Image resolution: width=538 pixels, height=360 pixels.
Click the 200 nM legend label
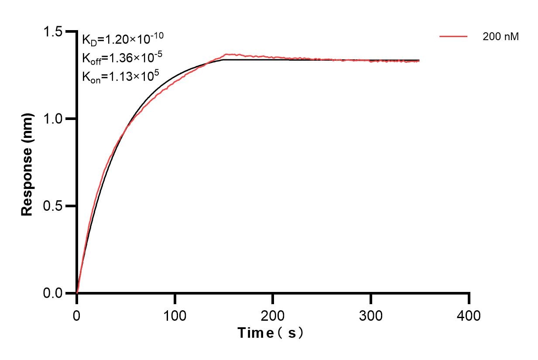point(500,37)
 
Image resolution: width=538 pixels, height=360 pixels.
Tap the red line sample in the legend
point(453,37)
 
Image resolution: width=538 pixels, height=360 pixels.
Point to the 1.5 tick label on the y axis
point(53,32)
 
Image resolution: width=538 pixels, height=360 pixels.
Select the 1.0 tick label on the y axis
point(53,119)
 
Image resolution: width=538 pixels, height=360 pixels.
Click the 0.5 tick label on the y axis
point(53,206)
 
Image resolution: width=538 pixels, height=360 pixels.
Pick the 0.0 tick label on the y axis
point(53,293)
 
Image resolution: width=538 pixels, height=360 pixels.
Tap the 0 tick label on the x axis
point(77,315)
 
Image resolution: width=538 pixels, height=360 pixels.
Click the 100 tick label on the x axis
point(175,315)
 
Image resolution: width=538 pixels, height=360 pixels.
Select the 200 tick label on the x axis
point(273,315)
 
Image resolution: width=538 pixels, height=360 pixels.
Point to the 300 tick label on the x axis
point(371,315)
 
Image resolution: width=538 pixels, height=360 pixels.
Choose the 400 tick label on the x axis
point(469,315)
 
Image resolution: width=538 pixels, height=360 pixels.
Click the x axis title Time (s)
point(271,333)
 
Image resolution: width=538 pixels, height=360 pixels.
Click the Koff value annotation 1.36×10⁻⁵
point(123,58)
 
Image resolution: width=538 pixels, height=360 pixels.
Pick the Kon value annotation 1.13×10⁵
point(120,76)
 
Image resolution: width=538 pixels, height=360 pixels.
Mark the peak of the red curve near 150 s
point(226,55)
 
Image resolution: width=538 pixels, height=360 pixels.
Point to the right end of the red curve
point(419,62)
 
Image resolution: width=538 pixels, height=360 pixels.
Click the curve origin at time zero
point(77,293)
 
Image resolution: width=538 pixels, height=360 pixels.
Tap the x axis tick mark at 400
point(469,298)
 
